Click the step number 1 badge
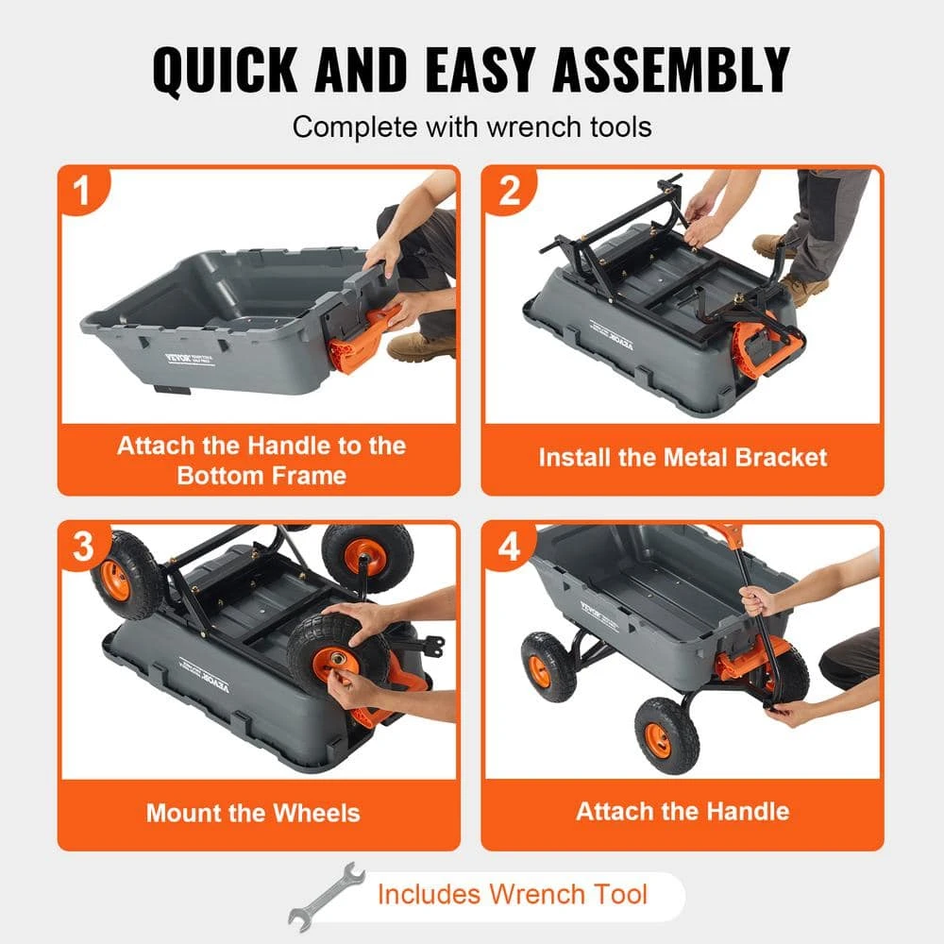click(83, 191)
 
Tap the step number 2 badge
click(510, 191)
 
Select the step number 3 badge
click(83, 547)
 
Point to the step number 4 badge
click(510, 547)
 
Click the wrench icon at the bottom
click(326, 895)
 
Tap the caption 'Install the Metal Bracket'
click(683, 459)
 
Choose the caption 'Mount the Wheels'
click(253, 813)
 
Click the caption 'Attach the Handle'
click(683, 811)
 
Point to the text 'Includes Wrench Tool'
click(513, 894)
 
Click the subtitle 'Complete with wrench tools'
click(472, 126)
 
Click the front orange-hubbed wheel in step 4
click(666, 733)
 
